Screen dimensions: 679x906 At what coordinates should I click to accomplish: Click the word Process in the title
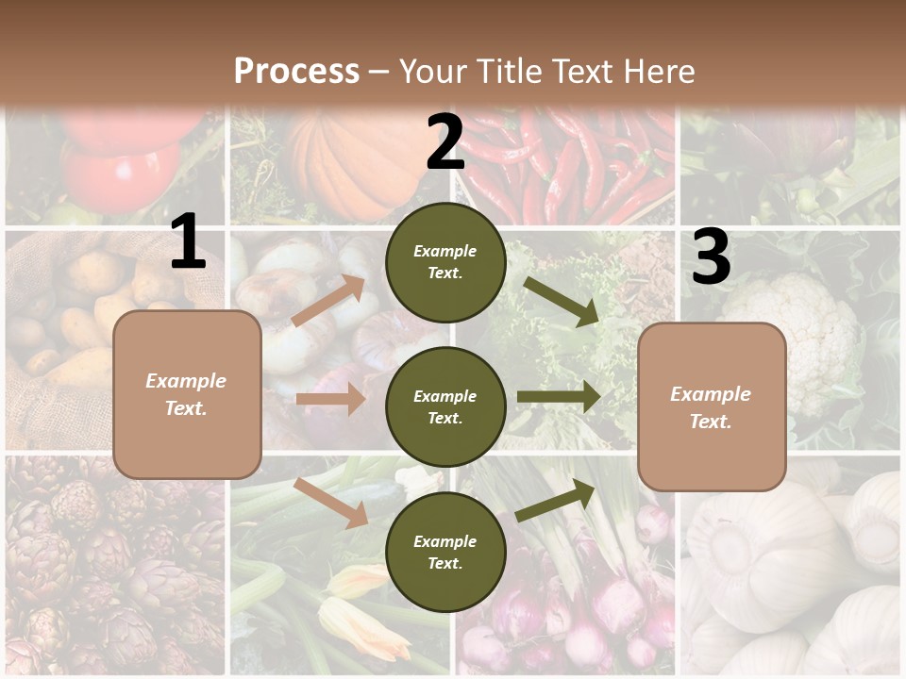click(x=296, y=72)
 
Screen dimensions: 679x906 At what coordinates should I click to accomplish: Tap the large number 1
click(x=188, y=242)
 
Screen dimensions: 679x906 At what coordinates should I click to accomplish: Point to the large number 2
click(x=445, y=143)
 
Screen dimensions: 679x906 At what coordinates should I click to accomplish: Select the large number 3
click(x=711, y=257)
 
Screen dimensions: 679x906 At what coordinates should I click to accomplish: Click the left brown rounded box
click(x=187, y=394)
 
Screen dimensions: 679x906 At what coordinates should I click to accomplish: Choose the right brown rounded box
click(x=712, y=406)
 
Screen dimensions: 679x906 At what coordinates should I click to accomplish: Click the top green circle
click(x=445, y=262)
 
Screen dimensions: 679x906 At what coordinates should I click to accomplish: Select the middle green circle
click(x=445, y=406)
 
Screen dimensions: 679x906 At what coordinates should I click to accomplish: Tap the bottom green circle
click(x=445, y=552)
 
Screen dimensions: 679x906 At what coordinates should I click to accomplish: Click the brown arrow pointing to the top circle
click(x=328, y=301)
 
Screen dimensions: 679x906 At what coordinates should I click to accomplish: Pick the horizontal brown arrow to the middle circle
click(x=330, y=399)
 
